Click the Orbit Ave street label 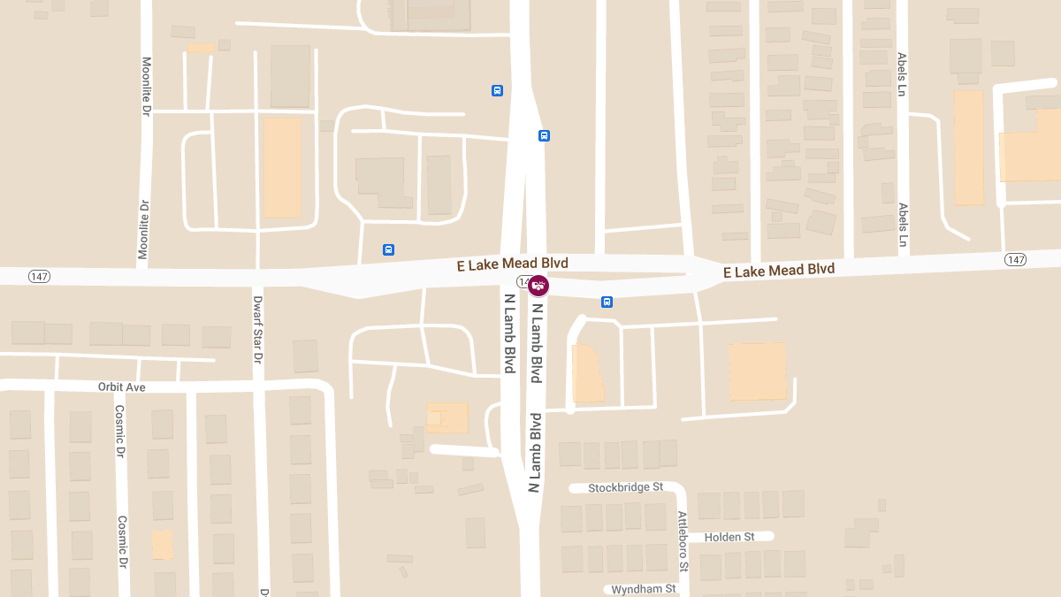click(x=122, y=387)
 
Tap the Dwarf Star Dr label click(x=258, y=330)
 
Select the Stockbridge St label click(x=625, y=487)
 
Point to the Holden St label click(x=729, y=537)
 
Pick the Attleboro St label click(x=683, y=540)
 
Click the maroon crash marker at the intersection click(x=538, y=286)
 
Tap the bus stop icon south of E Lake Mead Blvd click(x=607, y=302)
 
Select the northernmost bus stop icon click(x=497, y=90)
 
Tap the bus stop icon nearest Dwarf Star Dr click(x=388, y=249)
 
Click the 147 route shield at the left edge click(x=39, y=277)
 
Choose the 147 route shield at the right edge click(x=1015, y=259)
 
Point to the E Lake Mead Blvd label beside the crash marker click(x=512, y=264)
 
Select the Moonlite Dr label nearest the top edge click(x=147, y=87)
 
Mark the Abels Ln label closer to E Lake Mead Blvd click(x=903, y=225)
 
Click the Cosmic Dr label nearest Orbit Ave click(x=119, y=432)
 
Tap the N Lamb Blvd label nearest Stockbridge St click(x=534, y=452)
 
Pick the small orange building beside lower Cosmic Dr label click(x=162, y=544)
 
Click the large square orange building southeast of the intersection click(x=757, y=371)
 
